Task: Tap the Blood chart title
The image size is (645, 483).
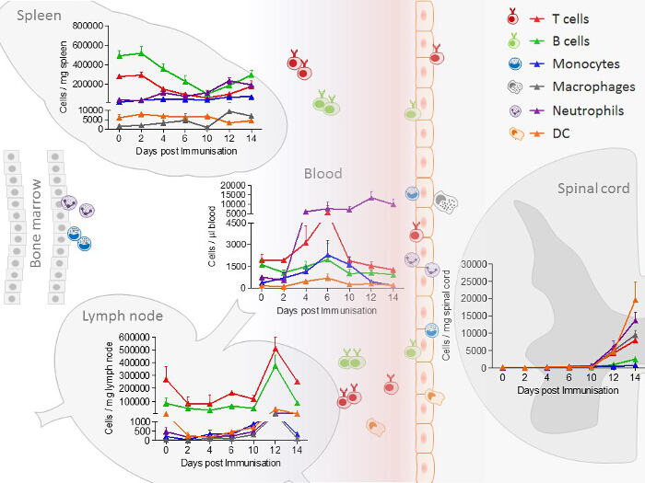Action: pos(322,173)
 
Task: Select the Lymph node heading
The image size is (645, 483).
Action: pos(122,316)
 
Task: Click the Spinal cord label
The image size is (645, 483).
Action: pos(593,189)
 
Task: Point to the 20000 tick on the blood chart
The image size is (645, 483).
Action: pos(230,184)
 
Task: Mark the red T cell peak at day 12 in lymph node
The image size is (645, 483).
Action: pos(276,348)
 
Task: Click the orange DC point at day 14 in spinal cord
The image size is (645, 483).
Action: pos(635,300)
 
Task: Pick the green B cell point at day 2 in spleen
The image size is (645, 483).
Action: pos(140,52)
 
